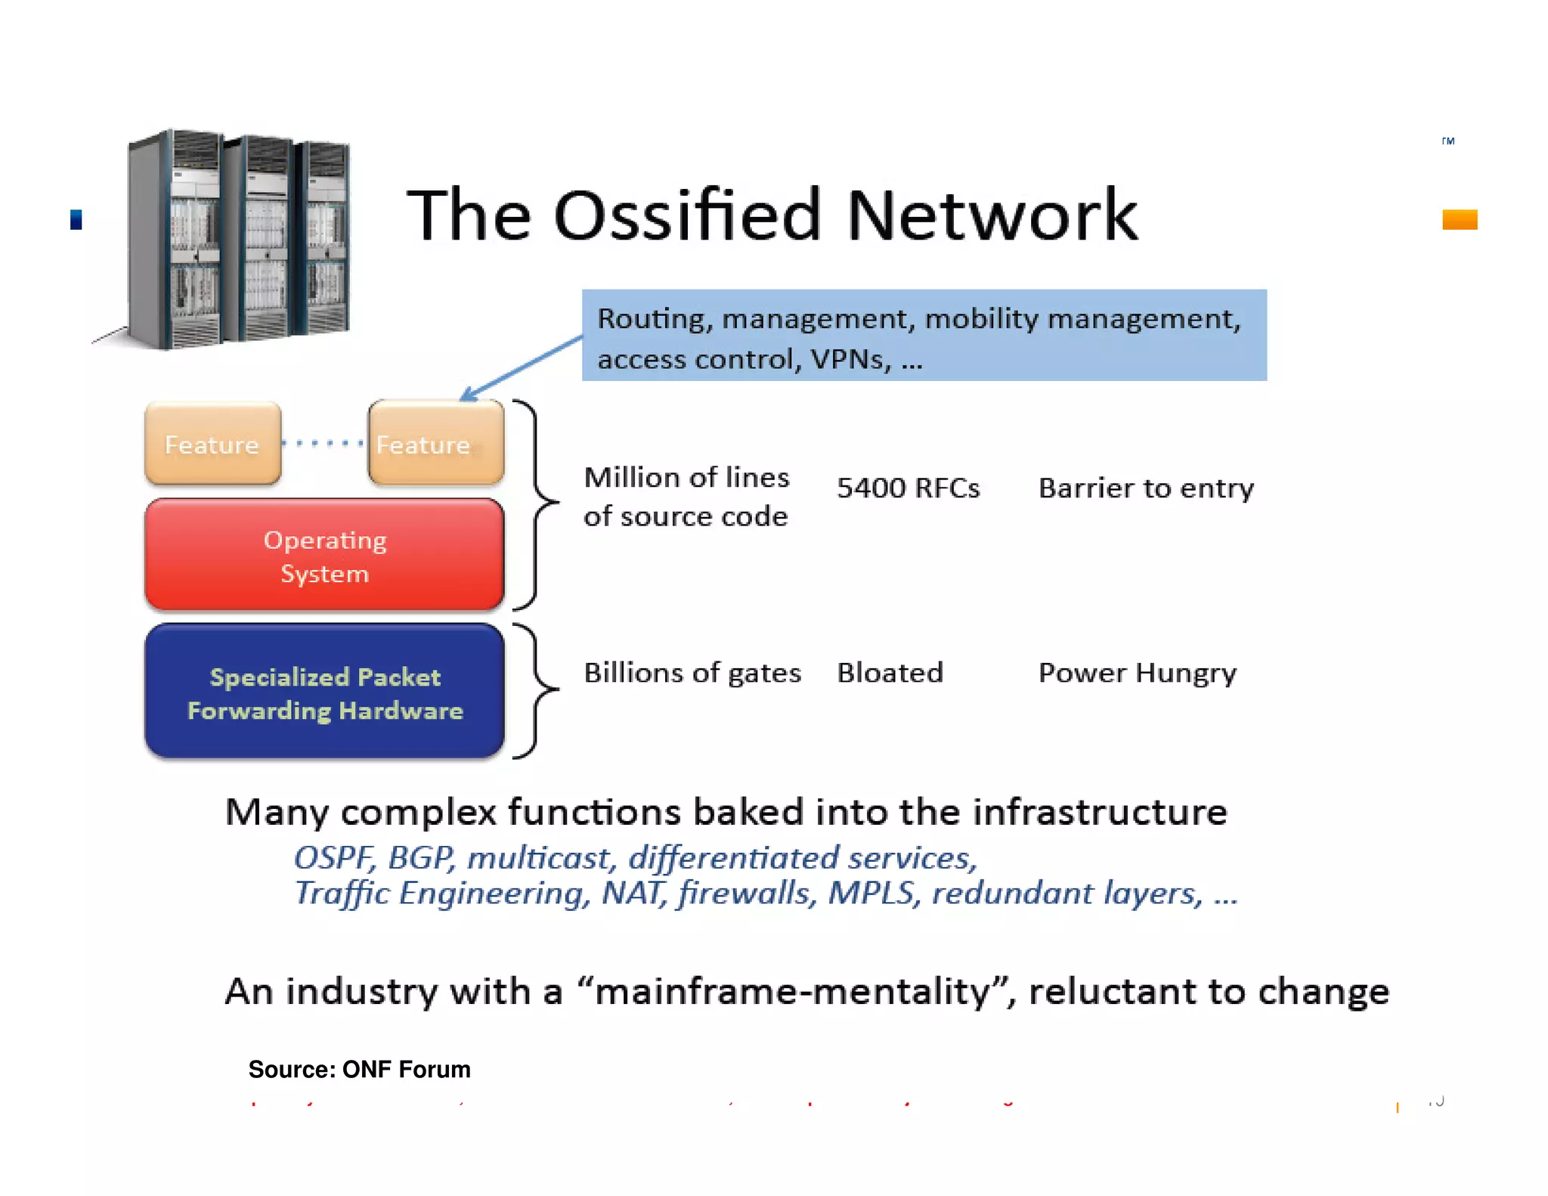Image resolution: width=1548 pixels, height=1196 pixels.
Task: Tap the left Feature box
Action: [x=212, y=444]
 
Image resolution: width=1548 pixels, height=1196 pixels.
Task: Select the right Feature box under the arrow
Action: [x=435, y=444]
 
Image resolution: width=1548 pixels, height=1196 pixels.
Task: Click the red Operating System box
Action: [x=324, y=556]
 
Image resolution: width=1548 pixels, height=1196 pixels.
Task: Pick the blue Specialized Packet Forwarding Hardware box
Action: [x=324, y=692]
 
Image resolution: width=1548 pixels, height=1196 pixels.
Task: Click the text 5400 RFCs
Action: [x=908, y=488]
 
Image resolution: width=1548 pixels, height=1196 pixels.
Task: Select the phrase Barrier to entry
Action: [x=1145, y=488]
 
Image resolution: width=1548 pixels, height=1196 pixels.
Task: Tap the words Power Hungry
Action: [x=1137, y=673]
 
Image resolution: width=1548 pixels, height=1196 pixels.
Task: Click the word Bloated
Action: [x=890, y=673]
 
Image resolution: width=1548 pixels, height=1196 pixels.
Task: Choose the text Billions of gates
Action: [x=692, y=673]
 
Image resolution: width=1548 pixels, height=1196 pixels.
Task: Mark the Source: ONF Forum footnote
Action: [x=359, y=1069]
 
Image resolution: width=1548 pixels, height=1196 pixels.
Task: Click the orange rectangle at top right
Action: [x=1459, y=219]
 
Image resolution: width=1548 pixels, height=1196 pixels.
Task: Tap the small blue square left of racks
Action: [x=76, y=219]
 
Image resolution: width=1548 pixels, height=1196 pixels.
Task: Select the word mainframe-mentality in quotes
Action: [x=792, y=991]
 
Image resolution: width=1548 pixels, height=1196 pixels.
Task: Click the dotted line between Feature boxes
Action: [x=324, y=443]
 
